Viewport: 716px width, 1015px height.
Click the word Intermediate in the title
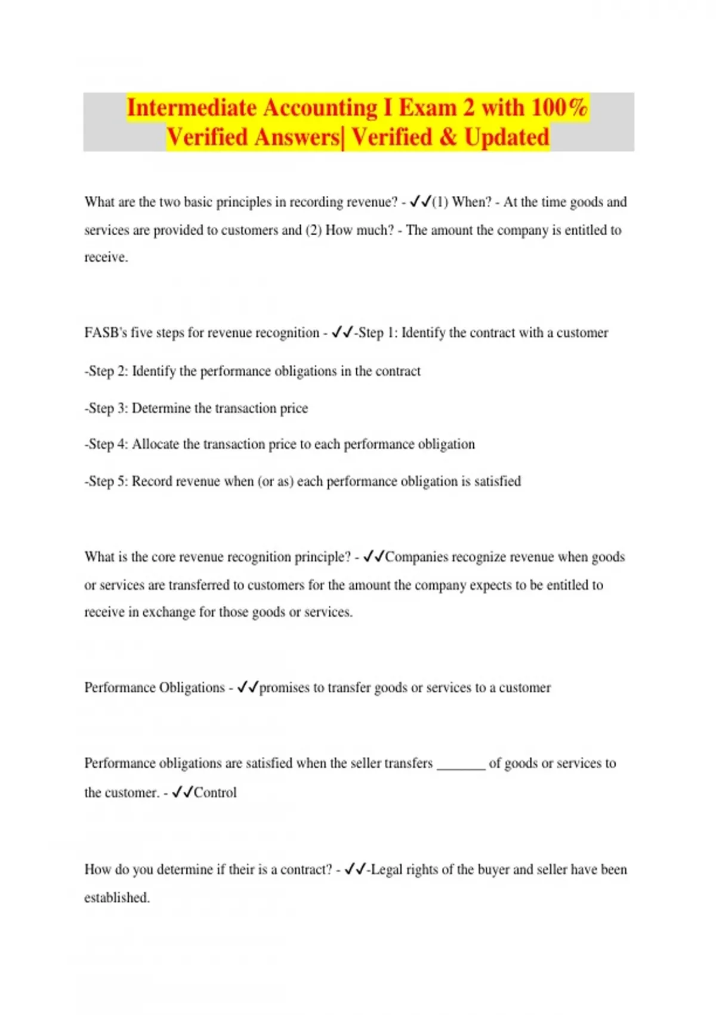[191, 108]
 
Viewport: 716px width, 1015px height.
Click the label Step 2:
[107, 371]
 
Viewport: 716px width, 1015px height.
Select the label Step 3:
[107, 408]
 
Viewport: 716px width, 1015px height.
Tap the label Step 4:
[107, 444]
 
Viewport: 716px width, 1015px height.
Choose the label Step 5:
[107, 481]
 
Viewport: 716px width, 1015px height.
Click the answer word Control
[215, 793]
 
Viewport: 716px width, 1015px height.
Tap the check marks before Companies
[374, 556]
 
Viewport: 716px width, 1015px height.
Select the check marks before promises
[248, 687]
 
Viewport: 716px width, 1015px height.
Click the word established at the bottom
[116, 898]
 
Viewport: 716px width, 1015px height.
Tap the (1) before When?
[440, 202]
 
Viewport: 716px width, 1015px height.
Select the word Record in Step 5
[152, 481]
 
